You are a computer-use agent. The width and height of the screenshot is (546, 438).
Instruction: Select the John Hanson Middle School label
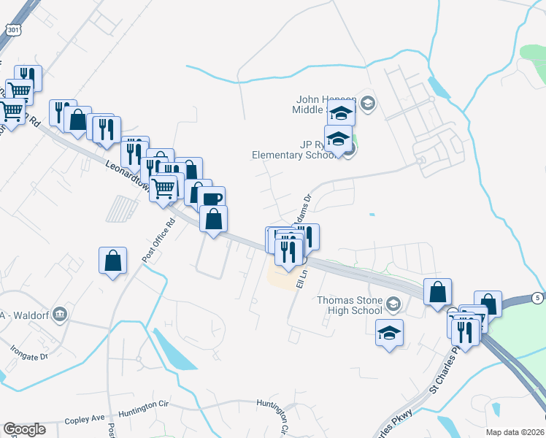point(326,104)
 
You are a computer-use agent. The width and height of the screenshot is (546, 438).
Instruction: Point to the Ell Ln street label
point(300,277)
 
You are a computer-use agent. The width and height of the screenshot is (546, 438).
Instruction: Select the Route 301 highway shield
point(12,28)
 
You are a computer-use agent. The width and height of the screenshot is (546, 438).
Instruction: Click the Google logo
point(24,429)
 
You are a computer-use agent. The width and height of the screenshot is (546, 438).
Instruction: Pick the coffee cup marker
point(211,199)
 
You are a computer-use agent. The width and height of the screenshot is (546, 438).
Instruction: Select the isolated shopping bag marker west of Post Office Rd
point(113,260)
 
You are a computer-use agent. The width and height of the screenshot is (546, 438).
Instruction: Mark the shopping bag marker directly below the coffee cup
point(213,218)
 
